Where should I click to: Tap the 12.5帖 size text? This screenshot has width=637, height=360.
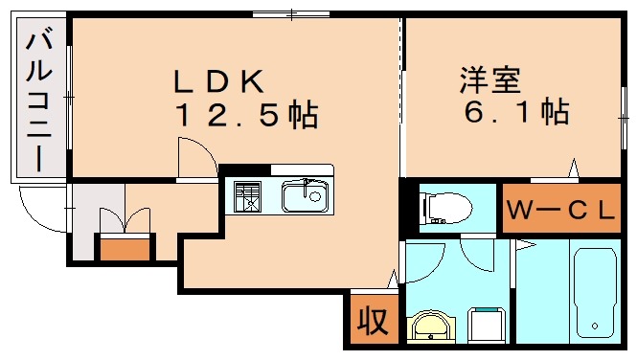coord(245,117)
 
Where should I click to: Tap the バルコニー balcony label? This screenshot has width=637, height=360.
coord(38,100)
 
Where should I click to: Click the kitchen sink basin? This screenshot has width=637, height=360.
coord(306,198)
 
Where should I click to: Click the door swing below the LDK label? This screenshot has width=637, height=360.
coord(195,155)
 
